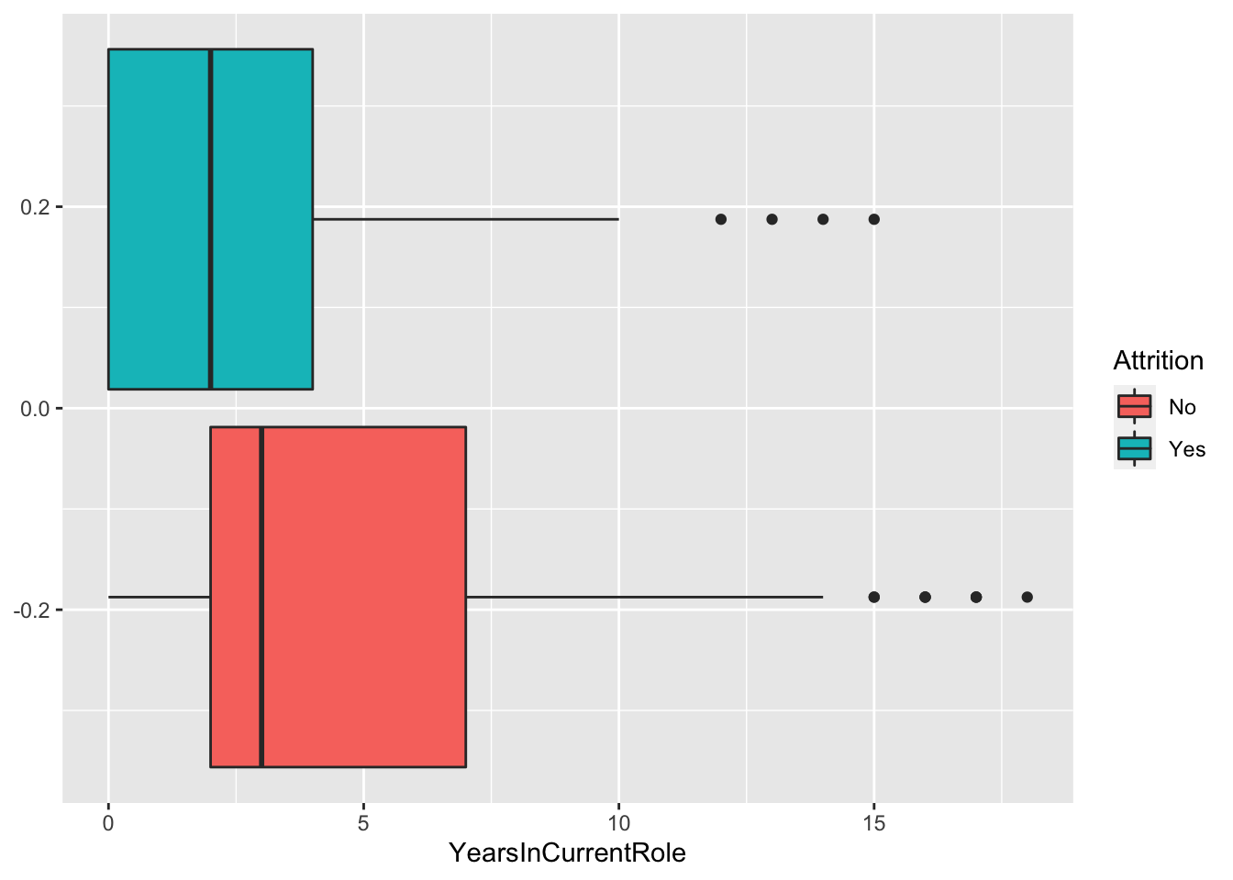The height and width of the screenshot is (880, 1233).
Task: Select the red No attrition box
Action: tap(367, 513)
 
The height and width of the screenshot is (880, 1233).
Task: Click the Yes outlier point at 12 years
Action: tap(721, 219)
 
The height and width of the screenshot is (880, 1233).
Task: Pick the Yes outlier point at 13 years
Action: tap(772, 219)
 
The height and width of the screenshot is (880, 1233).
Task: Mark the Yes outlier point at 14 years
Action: tap(823, 219)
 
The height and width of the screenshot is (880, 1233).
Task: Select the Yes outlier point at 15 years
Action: tap(873, 219)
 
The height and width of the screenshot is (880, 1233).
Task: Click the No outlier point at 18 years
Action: tap(1027, 597)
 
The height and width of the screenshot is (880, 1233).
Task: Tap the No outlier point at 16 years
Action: tap(925, 597)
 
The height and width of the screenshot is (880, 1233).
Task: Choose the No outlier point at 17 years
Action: tap(976, 597)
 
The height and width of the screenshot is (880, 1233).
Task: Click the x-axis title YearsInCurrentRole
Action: tap(567, 853)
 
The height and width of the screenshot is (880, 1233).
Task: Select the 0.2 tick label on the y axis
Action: tap(34, 207)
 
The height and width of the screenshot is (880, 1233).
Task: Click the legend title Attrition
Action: tap(1158, 361)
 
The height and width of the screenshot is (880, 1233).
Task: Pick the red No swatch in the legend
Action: tap(1135, 406)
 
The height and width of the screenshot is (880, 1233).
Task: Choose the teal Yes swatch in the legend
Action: tap(1135, 448)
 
